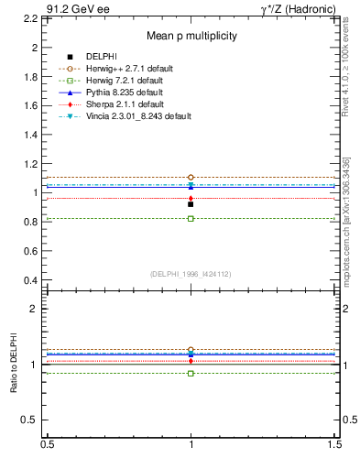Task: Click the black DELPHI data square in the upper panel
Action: (191, 204)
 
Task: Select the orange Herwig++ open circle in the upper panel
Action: (191, 177)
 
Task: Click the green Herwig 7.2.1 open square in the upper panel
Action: (191, 219)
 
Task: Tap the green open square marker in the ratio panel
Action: (191, 373)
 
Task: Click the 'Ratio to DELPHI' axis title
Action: (15, 364)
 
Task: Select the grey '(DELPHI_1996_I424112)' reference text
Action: (191, 273)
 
